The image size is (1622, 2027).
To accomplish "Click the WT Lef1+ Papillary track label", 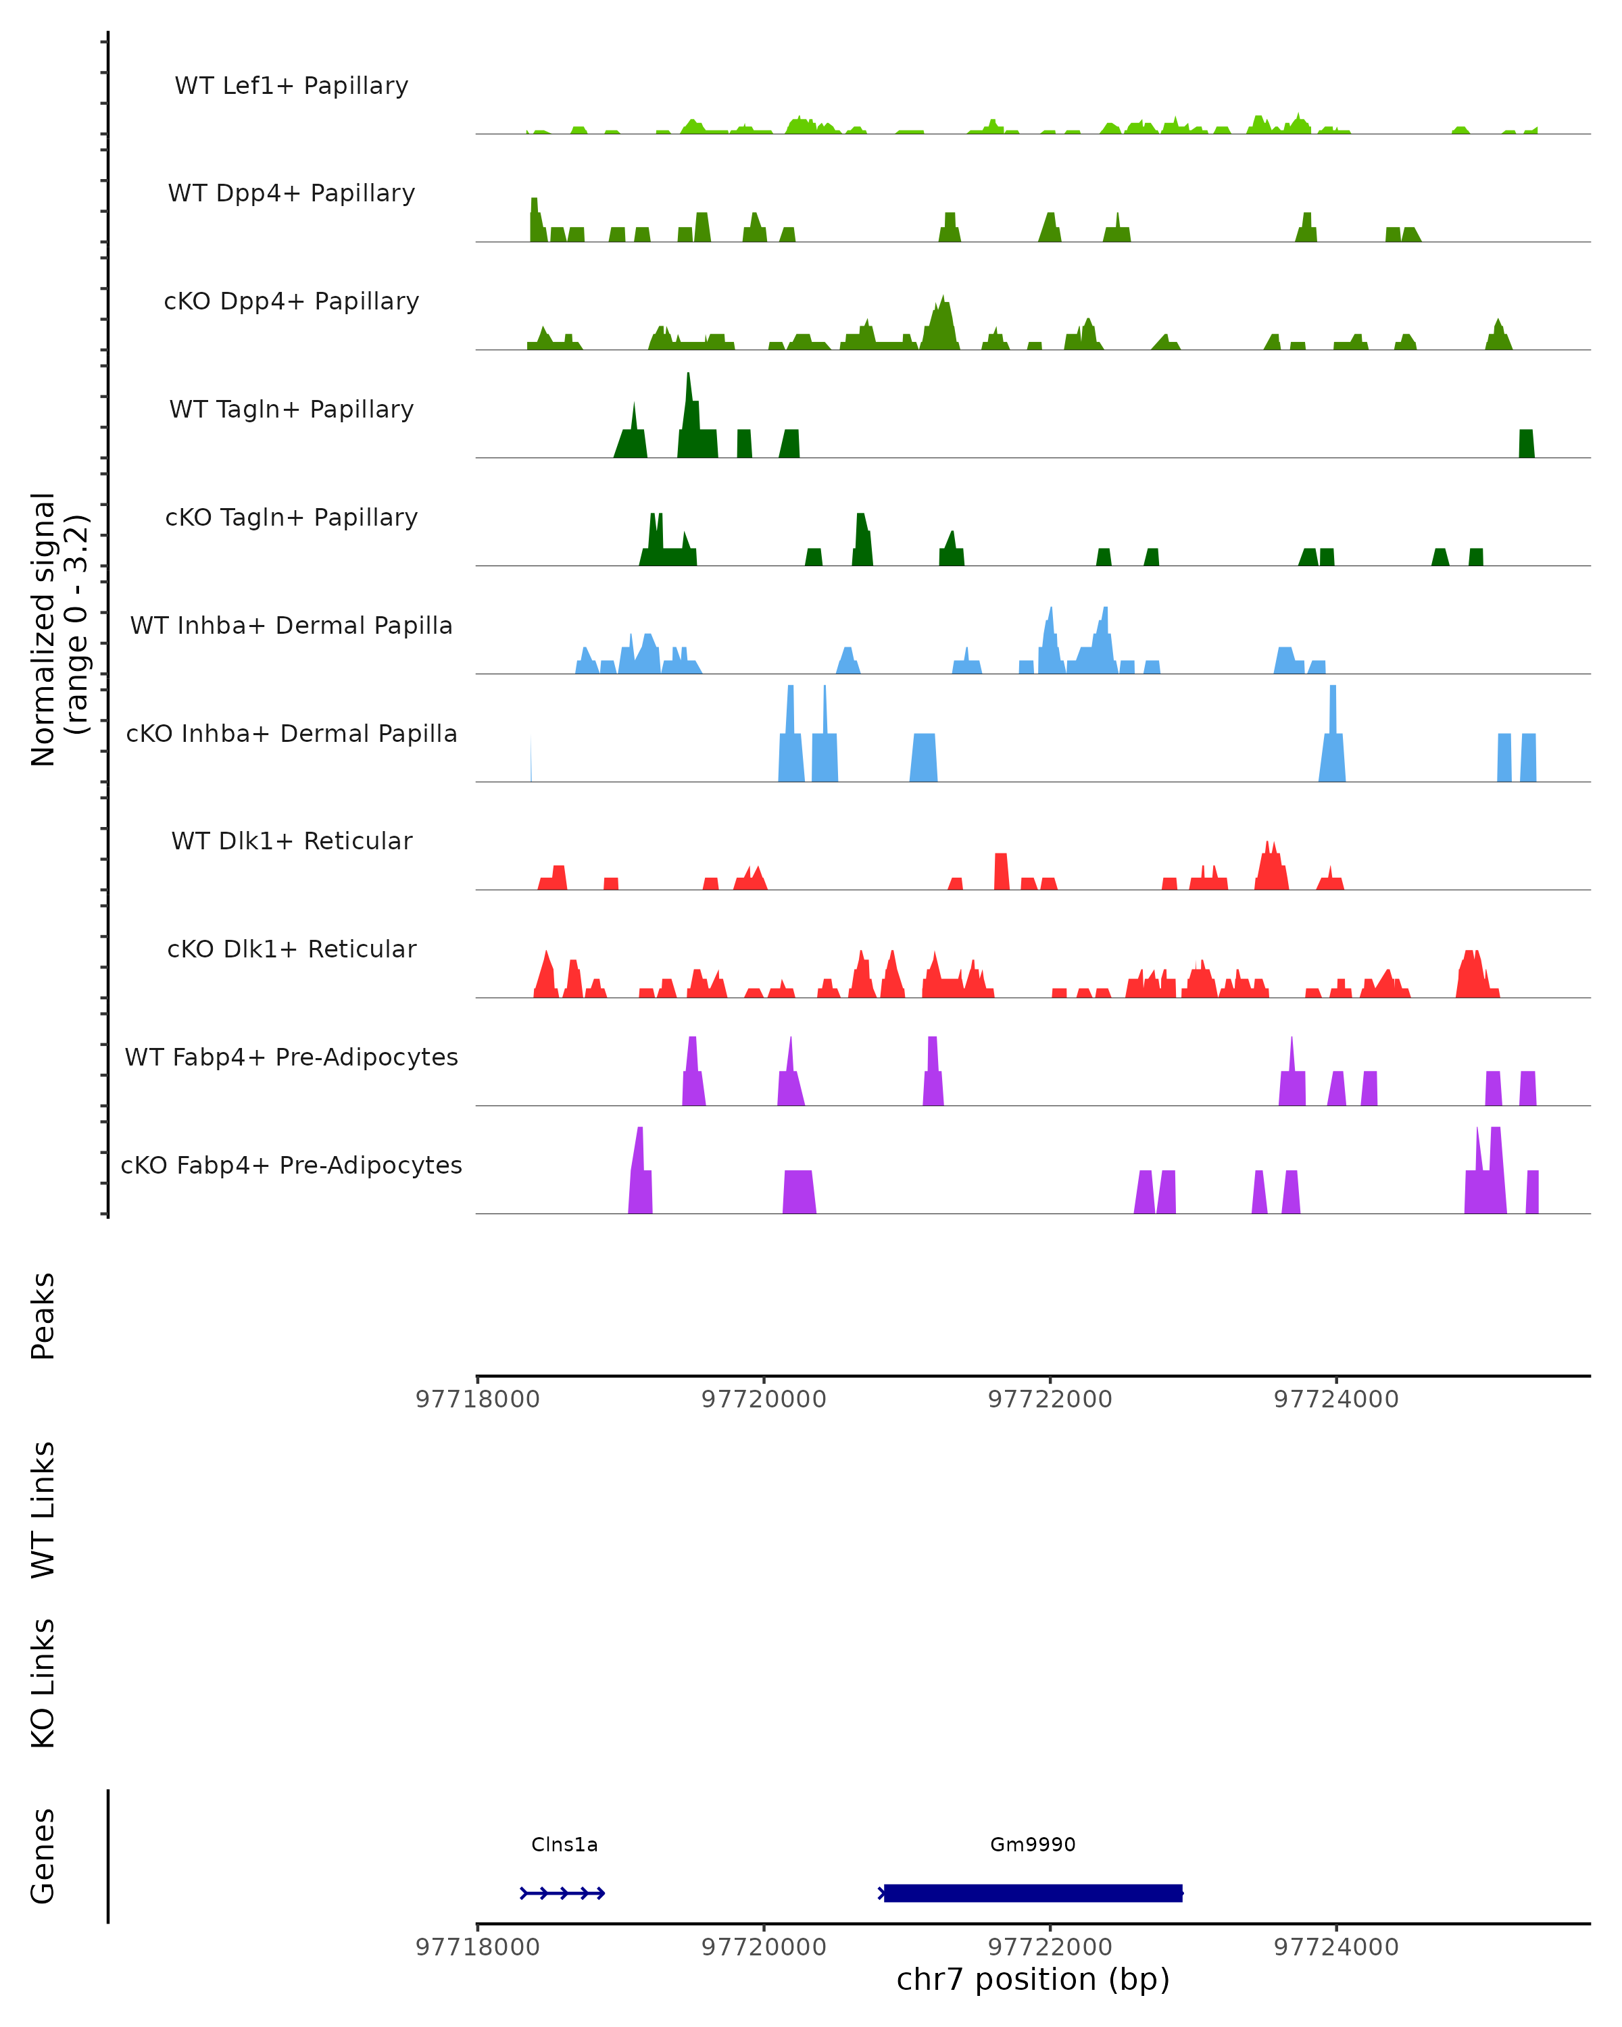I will [x=291, y=86].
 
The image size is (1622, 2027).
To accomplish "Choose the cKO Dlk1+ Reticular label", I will [x=291, y=949].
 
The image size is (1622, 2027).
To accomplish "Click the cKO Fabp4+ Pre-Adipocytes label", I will [x=291, y=1165].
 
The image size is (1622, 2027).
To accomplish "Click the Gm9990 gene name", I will [x=1033, y=1844].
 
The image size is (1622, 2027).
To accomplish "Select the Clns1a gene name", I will [x=564, y=1844].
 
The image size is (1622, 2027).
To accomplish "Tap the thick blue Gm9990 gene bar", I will [x=1033, y=1893].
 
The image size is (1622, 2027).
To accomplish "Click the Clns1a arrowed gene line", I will [x=562, y=1893].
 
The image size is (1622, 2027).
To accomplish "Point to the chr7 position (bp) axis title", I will [x=1033, y=1979].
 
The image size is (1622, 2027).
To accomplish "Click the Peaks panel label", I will [x=43, y=1316].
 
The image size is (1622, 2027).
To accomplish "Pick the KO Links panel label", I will [x=43, y=1683].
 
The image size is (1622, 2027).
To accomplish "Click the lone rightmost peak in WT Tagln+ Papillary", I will [x=1526, y=444].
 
